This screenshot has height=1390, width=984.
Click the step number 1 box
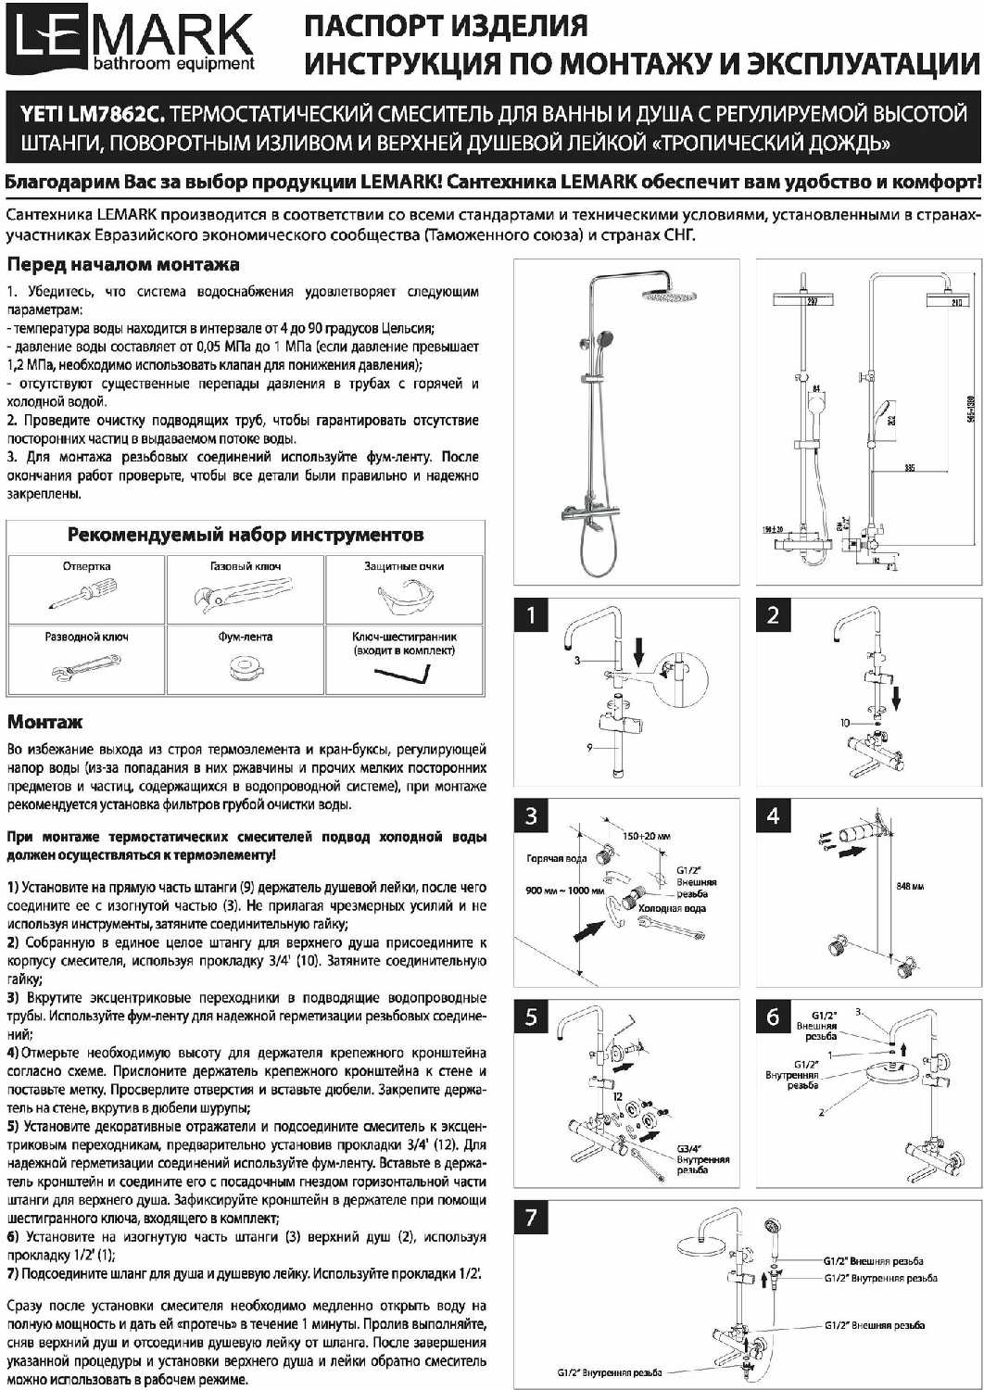[531, 615]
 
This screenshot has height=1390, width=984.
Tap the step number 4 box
[774, 815]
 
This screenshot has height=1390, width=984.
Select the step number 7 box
[531, 1216]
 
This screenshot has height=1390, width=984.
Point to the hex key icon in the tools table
[403, 674]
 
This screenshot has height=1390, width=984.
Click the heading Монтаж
[44, 722]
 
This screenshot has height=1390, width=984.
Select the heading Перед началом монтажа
[123, 265]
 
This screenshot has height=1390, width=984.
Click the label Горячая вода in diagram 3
[556, 858]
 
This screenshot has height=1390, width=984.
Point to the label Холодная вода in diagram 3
[672, 908]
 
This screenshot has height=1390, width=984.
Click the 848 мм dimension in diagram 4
[910, 887]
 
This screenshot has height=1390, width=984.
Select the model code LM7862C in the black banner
[119, 115]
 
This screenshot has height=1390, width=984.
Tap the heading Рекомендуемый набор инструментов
[246, 535]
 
